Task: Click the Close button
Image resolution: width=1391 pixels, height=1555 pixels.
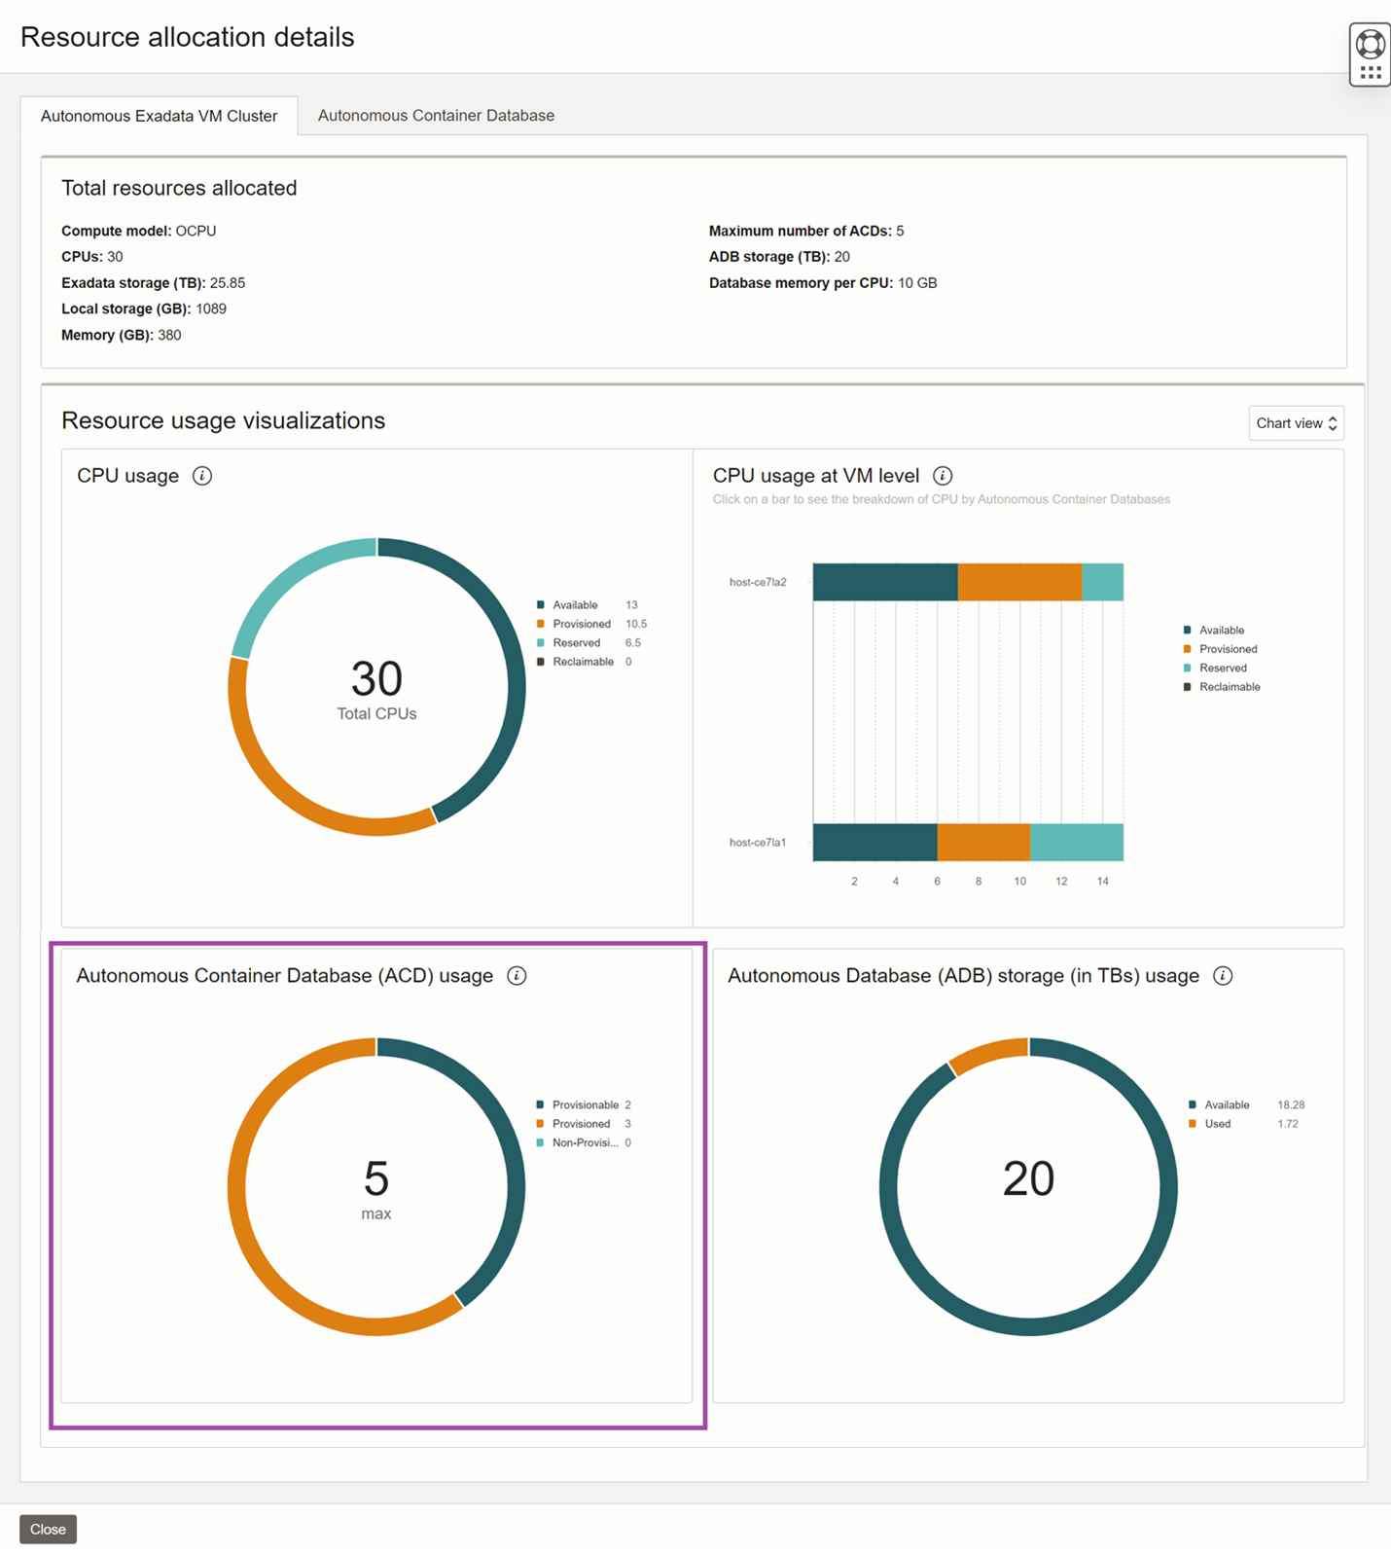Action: point(48,1529)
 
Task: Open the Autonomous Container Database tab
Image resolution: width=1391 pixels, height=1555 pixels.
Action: point(436,115)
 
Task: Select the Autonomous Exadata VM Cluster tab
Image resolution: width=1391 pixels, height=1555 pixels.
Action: point(159,116)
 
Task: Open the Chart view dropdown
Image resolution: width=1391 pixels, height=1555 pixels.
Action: point(1296,423)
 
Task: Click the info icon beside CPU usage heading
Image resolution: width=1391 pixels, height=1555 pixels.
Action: point(202,476)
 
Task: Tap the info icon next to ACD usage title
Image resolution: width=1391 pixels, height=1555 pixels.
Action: point(517,976)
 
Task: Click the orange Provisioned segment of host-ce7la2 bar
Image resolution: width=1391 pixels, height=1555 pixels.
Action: point(1018,582)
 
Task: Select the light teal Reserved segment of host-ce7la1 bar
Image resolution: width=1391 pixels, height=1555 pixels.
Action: point(1076,842)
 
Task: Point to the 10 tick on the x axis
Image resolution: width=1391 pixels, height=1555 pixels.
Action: point(1019,881)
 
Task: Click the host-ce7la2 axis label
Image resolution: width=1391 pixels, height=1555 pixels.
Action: point(758,582)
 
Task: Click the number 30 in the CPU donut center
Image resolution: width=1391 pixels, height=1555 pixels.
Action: point(376,678)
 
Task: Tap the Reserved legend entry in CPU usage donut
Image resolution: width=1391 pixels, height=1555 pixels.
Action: point(576,642)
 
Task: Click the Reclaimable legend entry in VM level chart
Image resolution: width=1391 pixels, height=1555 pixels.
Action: point(1229,687)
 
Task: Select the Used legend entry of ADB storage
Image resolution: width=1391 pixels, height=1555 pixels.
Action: point(1217,1124)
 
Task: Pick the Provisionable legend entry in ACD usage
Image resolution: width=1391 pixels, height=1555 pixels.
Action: point(585,1104)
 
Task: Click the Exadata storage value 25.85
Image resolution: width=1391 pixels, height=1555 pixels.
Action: point(228,283)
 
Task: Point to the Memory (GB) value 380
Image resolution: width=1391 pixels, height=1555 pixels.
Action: point(169,335)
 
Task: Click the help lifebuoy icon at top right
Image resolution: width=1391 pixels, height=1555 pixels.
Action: point(1370,44)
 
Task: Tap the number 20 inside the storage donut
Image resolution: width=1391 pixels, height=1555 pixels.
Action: point(1028,1178)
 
